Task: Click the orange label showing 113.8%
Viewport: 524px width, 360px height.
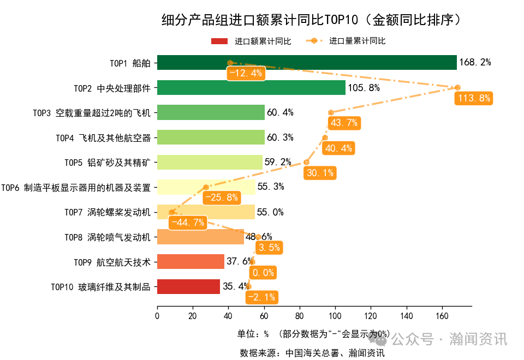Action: click(x=474, y=99)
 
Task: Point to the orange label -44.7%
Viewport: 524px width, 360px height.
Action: click(x=187, y=223)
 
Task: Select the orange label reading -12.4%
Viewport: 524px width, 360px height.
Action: click(x=246, y=73)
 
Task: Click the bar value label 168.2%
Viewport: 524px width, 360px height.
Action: click(x=475, y=63)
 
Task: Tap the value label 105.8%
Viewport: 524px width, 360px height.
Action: click(x=364, y=87)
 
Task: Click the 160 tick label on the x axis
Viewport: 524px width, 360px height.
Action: click(x=442, y=315)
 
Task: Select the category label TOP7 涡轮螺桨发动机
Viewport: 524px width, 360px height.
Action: click(x=108, y=212)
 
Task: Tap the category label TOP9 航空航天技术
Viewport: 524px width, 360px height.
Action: click(x=112, y=262)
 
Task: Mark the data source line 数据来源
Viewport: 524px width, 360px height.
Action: click(x=312, y=353)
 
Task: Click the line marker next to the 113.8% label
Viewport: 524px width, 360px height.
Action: click(x=457, y=88)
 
